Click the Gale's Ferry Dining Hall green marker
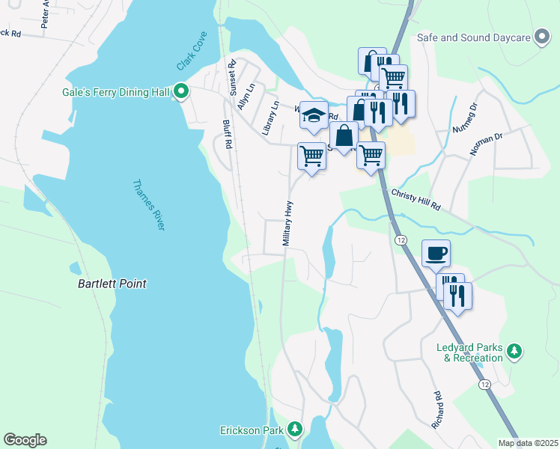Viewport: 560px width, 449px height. [x=180, y=92]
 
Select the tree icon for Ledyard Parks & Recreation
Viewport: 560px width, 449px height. [x=514, y=351]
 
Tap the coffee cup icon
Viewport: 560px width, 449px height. [x=435, y=253]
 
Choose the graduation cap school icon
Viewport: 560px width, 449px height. [x=314, y=114]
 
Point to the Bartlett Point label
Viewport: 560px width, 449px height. [x=112, y=284]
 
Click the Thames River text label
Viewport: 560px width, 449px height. [x=146, y=206]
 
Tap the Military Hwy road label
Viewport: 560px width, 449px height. [x=287, y=222]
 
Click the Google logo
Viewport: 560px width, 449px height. [x=25, y=440]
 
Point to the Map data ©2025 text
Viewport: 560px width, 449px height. [x=528, y=443]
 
